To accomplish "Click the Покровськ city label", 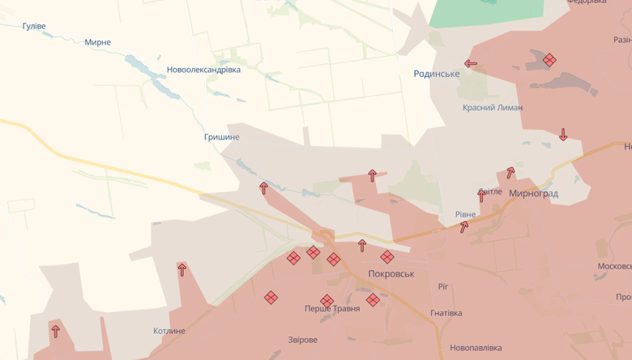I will point(391,274).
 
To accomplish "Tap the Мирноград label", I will point(533,194).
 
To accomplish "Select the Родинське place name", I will point(436,74).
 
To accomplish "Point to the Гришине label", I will point(221,137).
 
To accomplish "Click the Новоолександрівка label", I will point(203,70).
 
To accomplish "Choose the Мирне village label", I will point(97,42).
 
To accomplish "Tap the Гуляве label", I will point(33,27).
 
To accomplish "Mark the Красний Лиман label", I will point(493,107).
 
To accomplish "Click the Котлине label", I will point(169,331).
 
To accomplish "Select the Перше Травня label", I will point(332,309).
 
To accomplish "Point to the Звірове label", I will point(302,340).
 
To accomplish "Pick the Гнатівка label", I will point(446,313).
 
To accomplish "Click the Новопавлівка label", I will point(476,348).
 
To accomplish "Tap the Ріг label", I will point(443,286).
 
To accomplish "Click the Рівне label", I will point(465,214).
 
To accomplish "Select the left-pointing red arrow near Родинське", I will point(470,63).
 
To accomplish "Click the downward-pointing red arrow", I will point(563,135).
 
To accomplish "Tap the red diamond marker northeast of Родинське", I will point(549,59).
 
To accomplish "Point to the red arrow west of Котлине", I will point(55,331).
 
